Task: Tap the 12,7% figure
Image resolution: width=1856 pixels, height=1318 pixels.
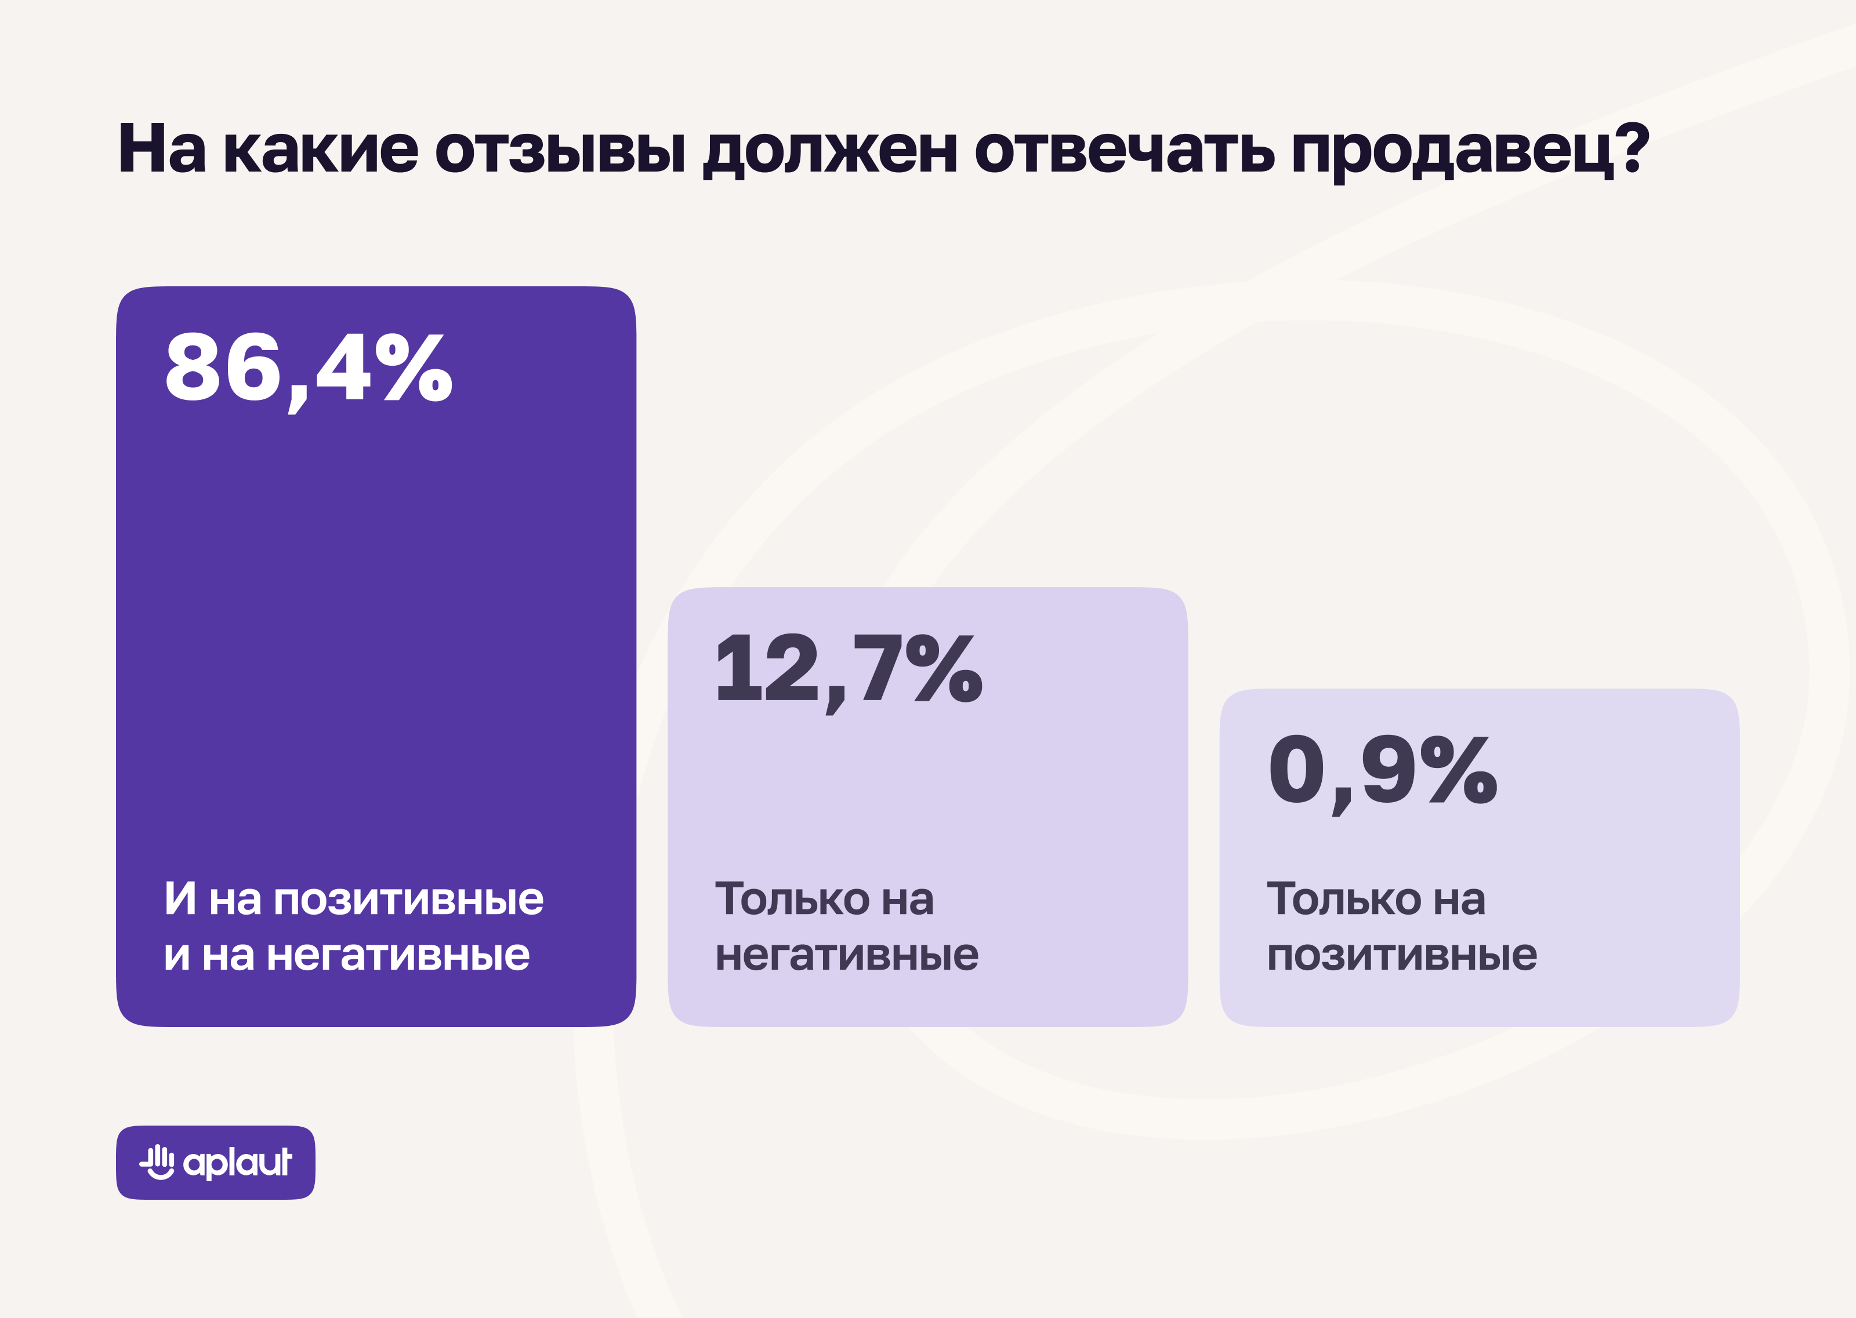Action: coord(849,669)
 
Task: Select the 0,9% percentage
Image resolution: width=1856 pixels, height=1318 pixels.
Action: coord(1382,771)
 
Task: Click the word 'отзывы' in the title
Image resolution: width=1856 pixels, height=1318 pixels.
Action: coord(560,150)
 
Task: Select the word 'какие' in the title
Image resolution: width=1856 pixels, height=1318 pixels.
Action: coord(321,150)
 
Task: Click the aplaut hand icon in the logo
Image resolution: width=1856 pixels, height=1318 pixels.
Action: coord(158,1162)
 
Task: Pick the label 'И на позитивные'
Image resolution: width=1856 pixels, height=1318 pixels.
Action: coord(354,899)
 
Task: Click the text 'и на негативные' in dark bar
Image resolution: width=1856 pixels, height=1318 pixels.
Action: coord(347,955)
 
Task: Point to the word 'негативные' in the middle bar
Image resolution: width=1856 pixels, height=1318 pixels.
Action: coord(847,955)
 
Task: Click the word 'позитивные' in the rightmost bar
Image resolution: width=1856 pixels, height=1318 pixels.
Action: coord(1402,955)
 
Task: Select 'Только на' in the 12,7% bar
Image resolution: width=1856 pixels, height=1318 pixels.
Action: coord(824,899)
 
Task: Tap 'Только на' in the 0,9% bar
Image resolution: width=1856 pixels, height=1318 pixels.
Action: coord(1376,899)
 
